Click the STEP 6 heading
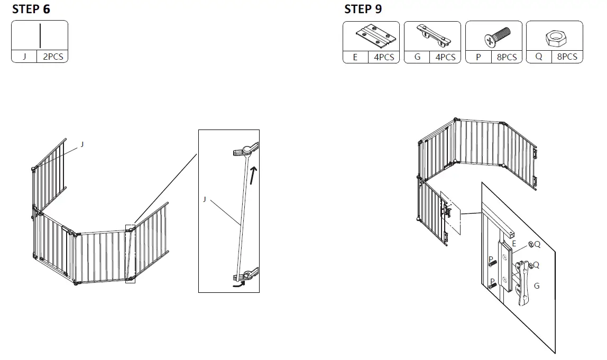click(x=32, y=9)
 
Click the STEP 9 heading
click(x=363, y=9)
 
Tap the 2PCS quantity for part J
click(x=52, y=57)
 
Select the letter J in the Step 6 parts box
click(x=24, y=57)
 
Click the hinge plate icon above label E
click(x=372, y=36)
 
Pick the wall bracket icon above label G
click(x=433, y=35)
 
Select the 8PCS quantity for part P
click(x=507, y=57)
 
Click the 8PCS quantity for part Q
click(x=567, y=57)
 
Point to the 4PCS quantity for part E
click(x=384, y=57)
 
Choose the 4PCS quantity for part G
click(x=445, y=57)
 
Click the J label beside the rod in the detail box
click(x=204, y=199)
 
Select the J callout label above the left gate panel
click(x=82, y=144)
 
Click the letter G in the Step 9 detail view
click(x=537, y=286)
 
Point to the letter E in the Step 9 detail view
click(x=513, y=244)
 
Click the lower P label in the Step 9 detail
click(x=491, y=281)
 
